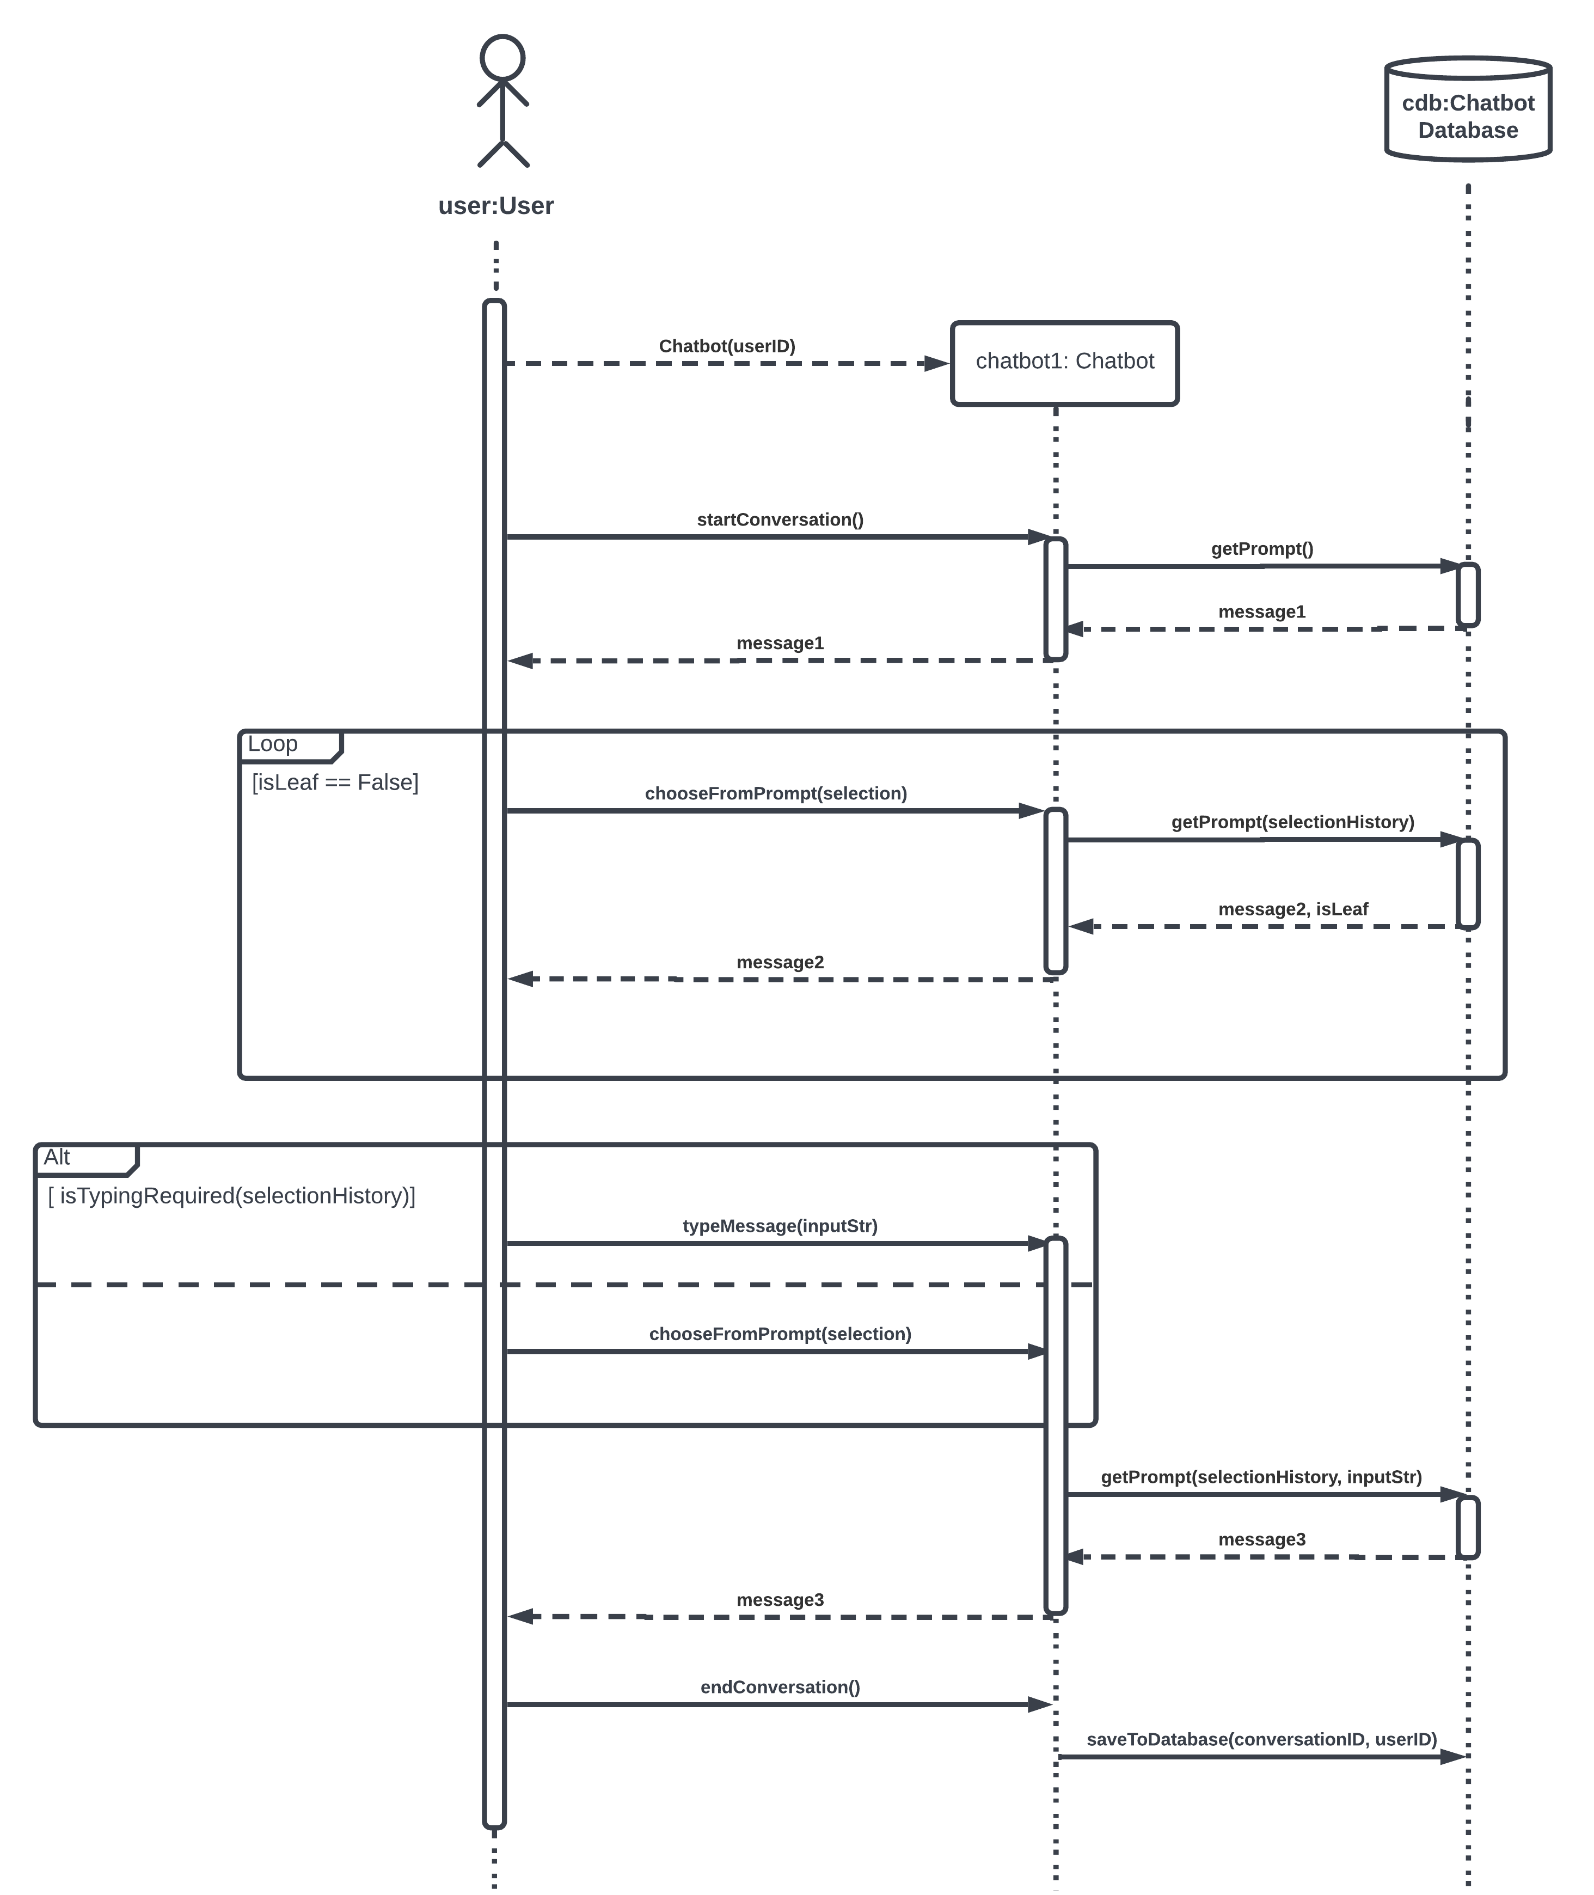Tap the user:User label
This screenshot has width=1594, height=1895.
click(x=495, y=206)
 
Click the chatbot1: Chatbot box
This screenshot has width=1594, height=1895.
click(x=1064, y=362)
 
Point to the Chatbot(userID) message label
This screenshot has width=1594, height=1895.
click(x=727, y=346)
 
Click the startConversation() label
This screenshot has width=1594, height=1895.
click(x=780, y=519)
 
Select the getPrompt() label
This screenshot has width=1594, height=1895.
click(x=1261, y=548)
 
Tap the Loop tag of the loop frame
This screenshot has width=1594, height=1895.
click(x=273, y=744)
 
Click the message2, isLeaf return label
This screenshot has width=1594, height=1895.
click(x=1292, y=909)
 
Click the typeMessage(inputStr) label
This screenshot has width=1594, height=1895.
click(x=780, y=1226)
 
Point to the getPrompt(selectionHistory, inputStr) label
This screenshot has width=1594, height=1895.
click(x=1261, y=1477)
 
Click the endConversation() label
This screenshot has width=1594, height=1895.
click(x=780, y=1687)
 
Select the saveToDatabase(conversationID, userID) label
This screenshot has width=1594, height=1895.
click(x=1261, y=1740)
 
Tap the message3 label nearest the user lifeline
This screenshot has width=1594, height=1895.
click(x=780, y=1600)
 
